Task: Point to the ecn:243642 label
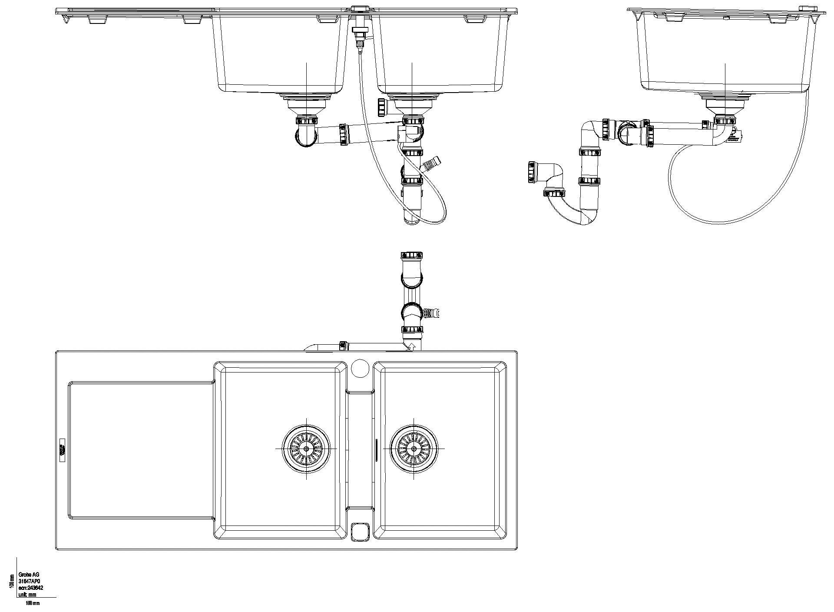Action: pos(30,588)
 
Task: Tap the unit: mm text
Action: pos(27,594)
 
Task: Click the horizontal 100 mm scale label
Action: pos(33,603)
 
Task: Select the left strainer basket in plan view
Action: pos(307,449)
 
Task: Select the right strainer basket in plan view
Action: pos(414,449)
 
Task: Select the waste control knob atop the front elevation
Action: pos(359,9)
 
